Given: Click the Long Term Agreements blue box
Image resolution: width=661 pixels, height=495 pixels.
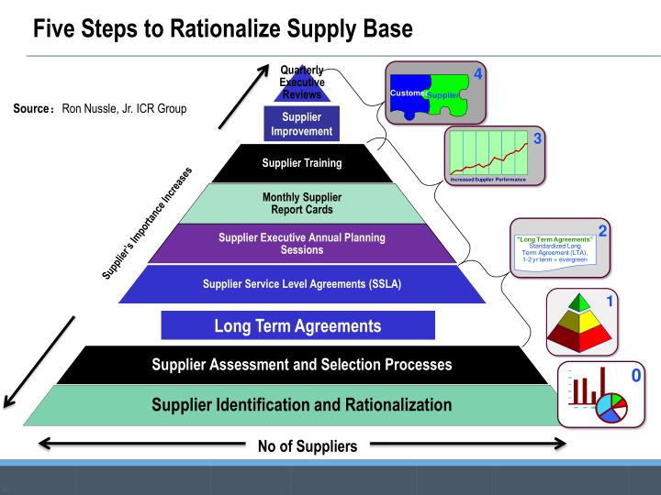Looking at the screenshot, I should [297, 325].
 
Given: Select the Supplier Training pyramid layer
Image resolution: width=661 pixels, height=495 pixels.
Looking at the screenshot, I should [302, 164].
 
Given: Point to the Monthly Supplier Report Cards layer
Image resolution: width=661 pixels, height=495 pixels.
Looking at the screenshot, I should [302, 203].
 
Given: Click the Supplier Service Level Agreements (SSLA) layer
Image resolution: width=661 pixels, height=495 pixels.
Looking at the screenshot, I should [302, 283].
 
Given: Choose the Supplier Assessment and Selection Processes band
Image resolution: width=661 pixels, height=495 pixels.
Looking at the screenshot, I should [302, 365].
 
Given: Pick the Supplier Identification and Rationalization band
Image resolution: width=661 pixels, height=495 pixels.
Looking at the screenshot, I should [302, 404].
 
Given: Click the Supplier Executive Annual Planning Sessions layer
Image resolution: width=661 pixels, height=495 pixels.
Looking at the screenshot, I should [302, 244].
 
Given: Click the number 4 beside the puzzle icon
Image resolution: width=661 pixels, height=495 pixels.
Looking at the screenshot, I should [477, 74].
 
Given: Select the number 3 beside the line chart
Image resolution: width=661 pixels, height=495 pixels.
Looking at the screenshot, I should [538, 139].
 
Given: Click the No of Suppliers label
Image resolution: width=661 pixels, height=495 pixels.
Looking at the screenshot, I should [302, 446].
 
